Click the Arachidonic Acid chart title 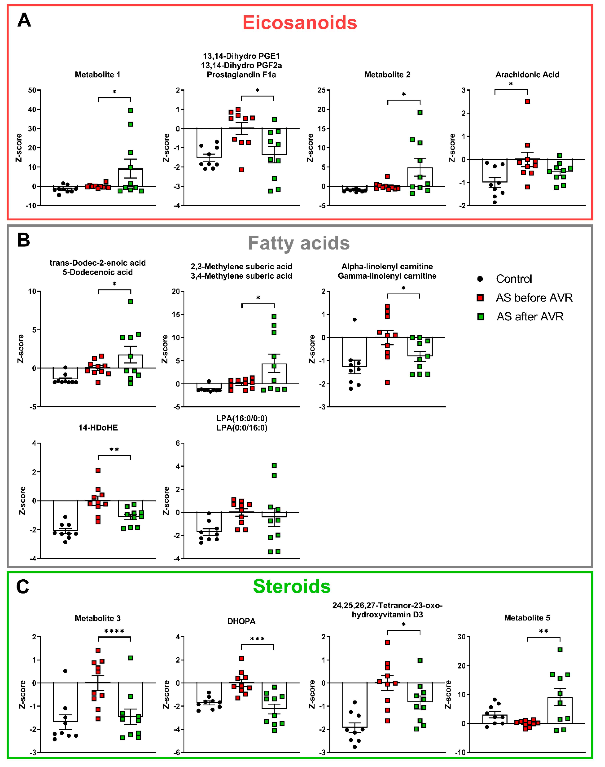pyautogui.click(x=527, y=75)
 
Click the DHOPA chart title pyautogui.click(x=241, y=621)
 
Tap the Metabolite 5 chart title pyautogui.click(x=527, y=618)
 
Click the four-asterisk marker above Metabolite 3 pyautogui.click(x=114, y=631)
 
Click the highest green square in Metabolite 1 pyautogui.click(x=131, y=110)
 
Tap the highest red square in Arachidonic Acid pyautogui.click(x=527, y=101)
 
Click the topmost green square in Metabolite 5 pyautogui.click(x=560, y=650)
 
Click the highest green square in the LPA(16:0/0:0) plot pyautogui.click(x=274, y=465)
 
